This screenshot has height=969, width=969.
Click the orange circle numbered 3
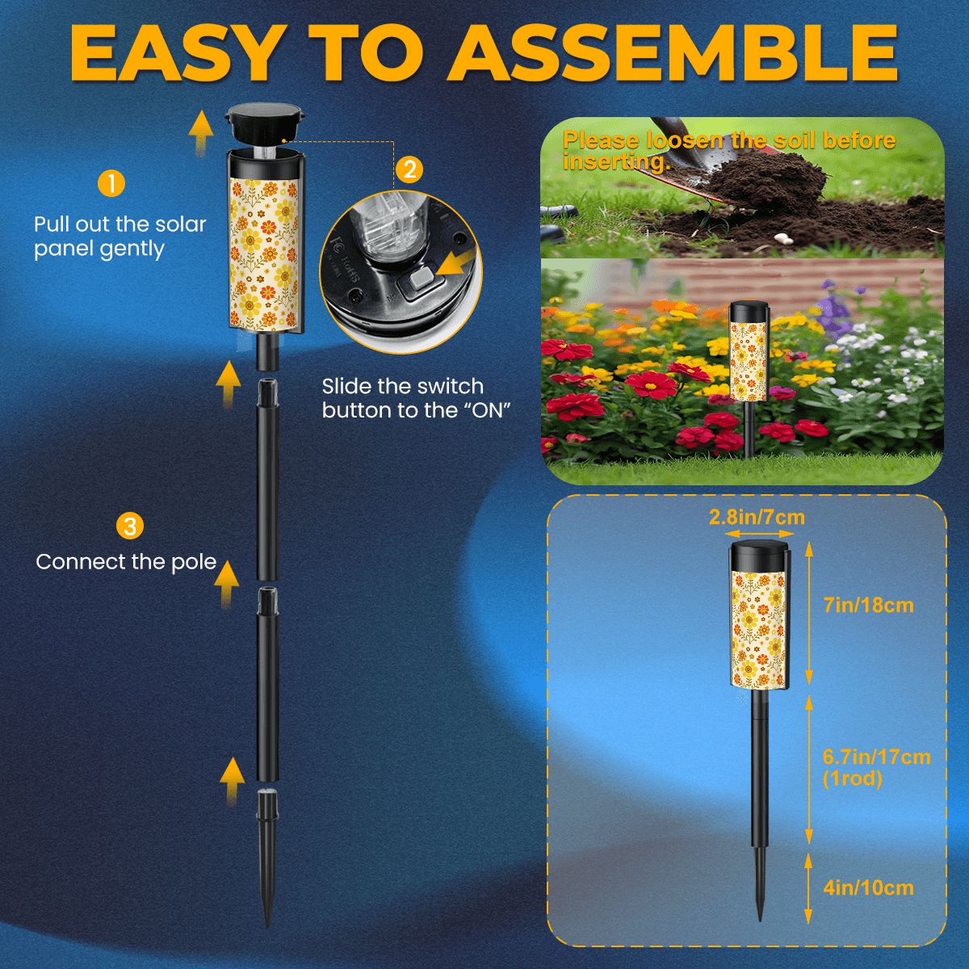click(x=129, y=526)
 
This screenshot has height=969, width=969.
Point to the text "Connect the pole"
click(x=126, y=562)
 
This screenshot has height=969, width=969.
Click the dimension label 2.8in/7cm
click(x=756, y=517)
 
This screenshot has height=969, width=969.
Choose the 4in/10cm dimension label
click(x=868, y=888)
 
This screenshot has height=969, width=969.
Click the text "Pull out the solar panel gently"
click(x=120, y=236)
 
